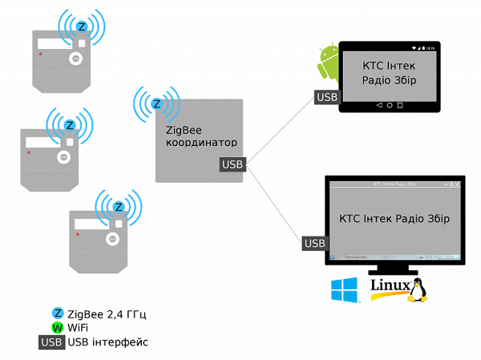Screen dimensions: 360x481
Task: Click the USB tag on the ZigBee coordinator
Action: [231, 165]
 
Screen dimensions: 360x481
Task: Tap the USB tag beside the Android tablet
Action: [326, 97]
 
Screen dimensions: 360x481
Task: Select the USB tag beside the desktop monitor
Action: [314, 243]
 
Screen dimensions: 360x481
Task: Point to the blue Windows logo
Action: [346, 289]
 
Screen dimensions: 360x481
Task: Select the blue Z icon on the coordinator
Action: [157, 103]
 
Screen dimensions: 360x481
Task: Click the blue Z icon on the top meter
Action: [81, 26]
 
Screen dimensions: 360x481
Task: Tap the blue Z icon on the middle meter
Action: [70, 125]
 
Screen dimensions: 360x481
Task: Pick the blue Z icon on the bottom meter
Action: [119, 207]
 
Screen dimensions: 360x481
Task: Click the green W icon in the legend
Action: [57, 327]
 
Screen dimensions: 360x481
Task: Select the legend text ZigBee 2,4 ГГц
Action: [107, 313]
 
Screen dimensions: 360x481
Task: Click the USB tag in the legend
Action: [51, 342]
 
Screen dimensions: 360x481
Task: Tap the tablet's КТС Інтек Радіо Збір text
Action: [390, 73]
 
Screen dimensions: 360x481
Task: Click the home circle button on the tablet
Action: [390, 105]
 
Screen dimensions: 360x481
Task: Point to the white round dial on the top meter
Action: [76, 59]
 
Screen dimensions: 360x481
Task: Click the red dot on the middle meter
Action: [30, 152]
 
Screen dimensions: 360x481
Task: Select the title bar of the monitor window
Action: [394, 184]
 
